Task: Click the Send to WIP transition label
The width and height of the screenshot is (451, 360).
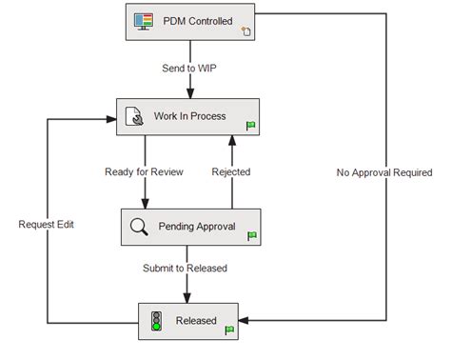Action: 191,68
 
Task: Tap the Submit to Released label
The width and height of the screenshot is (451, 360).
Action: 185,268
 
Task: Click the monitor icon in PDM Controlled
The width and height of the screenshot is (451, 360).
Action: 143,21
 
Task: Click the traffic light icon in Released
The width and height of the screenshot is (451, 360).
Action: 154,321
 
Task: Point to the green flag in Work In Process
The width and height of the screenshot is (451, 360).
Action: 251,125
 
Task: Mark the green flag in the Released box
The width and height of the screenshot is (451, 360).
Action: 228,330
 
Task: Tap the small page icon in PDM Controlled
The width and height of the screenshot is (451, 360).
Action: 245,30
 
